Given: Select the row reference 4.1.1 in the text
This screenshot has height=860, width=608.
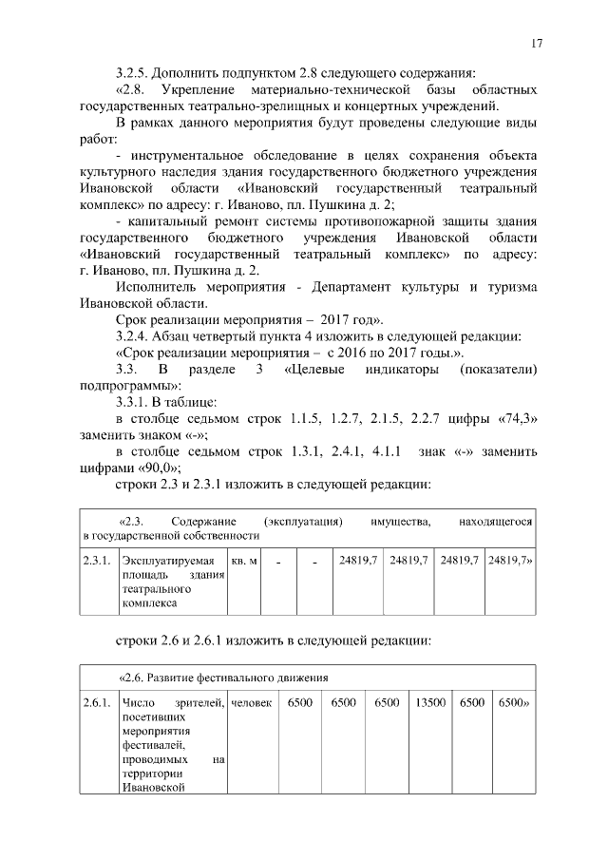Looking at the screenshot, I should tap(390, 450).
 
